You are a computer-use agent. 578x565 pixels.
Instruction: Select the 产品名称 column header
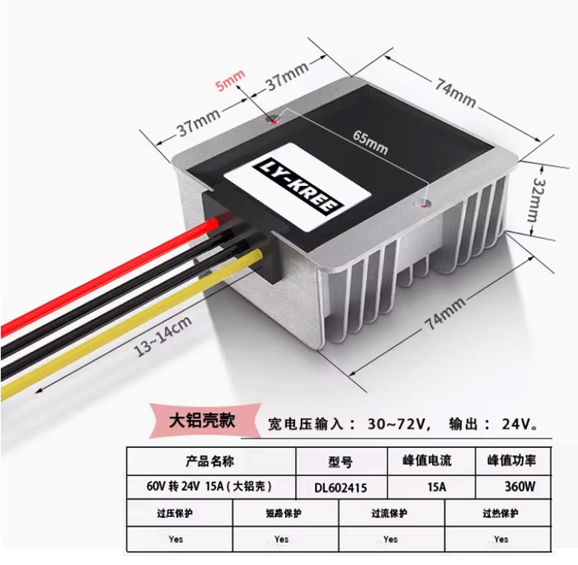pyautogui.click(x=211, y=461)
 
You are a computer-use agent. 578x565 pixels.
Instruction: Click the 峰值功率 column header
pyautogui.click(x=511, y=461)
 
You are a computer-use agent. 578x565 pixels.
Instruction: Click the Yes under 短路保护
pyautogui.click(x=282, y=538)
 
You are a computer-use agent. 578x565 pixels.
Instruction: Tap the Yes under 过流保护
pyautogui.click(x=391, y=538)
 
